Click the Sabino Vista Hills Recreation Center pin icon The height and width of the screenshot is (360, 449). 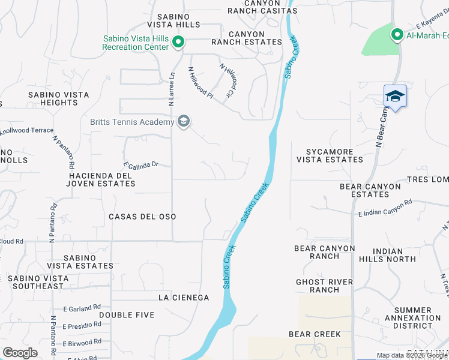coord(178,42)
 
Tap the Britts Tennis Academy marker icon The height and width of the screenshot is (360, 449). coord(184,122)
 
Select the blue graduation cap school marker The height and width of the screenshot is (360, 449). coord(395,97)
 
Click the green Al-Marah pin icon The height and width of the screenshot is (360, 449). coord(396,35)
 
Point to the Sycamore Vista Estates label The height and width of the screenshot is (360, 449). coord(330,155)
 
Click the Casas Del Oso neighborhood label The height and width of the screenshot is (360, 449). coord(142,216)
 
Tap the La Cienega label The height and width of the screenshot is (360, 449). coord(183,298)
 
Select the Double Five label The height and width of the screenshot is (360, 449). coord(127,315)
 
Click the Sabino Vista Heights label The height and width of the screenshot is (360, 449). coord(59,99)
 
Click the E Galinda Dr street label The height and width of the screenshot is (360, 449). coord(140,164)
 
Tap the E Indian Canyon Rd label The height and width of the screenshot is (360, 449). coord(385,207)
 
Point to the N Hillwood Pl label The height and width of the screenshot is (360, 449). coord(200,82)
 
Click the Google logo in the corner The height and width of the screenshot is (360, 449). coord(20,353)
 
